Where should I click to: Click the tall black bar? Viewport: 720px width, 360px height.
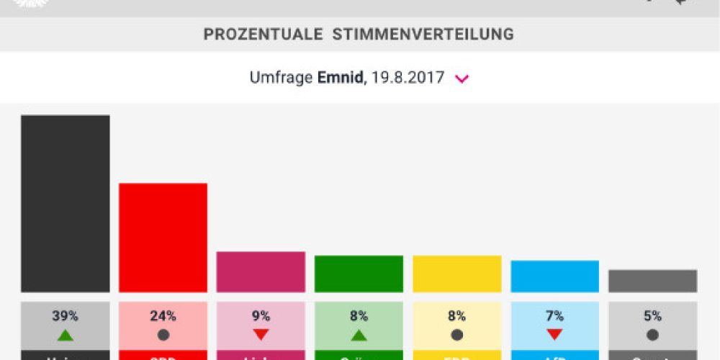click(65, 203)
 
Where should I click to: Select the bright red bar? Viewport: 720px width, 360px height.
click(163, 238)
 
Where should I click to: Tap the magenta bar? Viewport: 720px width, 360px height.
click(261, 271)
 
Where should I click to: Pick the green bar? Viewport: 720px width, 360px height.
click(359, 274)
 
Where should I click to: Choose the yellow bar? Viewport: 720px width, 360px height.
click(456, 274)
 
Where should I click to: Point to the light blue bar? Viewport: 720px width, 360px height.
click(554, 276)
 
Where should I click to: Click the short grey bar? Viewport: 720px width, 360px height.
click(652, 281)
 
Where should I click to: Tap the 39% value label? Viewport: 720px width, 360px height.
click(65, 316)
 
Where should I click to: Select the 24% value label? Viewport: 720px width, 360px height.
click(163, 316)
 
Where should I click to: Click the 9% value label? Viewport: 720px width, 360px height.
click(261, 316)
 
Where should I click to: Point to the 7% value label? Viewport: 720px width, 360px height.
click(554, 316)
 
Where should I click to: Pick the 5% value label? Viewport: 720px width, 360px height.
click(652, 316)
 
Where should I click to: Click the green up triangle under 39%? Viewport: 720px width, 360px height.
click(65, 334)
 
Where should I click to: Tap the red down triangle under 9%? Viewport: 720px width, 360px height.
click(261, 334)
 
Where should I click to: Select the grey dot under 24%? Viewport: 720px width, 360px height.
click(163, 334)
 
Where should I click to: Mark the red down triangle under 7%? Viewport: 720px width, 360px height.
click(554, 334)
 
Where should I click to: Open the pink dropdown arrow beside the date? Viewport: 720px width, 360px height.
click(462, 78)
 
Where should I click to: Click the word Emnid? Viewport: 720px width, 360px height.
click(340, 78)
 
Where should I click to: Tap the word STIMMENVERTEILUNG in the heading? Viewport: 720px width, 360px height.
click(423, 34)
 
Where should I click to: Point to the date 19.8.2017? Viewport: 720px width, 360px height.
click(409, 78)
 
